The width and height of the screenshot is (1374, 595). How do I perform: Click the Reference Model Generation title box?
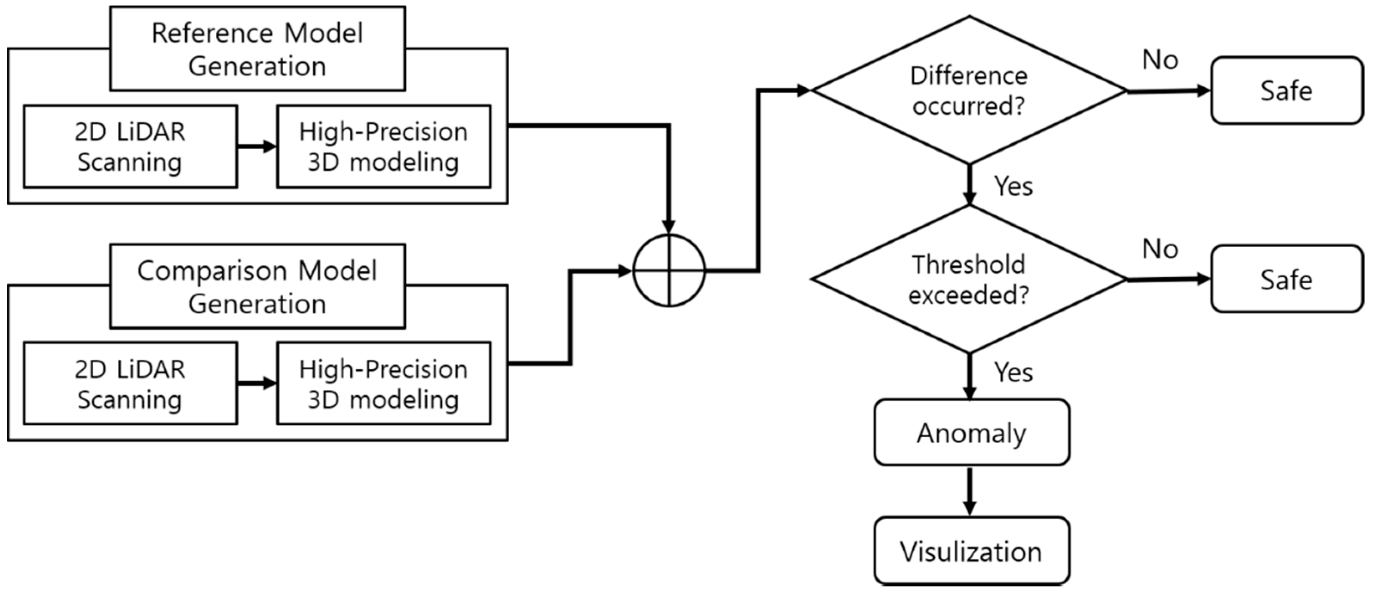257,49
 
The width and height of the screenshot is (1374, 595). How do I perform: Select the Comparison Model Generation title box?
257,287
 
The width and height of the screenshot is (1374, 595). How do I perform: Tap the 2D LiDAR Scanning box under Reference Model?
130,147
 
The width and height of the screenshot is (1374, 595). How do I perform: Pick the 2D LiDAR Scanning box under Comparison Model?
130,383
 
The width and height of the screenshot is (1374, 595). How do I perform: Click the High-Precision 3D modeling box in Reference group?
383,147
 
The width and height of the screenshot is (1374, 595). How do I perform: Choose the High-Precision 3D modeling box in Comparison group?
383,383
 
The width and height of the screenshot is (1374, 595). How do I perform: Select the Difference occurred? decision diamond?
969,91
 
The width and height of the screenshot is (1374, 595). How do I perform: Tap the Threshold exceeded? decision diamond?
969,279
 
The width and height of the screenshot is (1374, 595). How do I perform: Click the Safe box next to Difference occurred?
1286,91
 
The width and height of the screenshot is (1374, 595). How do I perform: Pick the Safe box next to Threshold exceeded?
1286,279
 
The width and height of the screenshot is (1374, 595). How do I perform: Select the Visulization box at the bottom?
971,551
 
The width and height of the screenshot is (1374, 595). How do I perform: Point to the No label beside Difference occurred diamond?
1160,60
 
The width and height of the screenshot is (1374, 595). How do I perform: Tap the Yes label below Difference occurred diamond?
1013,186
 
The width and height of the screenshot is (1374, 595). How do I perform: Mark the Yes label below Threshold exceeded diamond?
1013,372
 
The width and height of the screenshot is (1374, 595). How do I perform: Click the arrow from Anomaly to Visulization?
970,491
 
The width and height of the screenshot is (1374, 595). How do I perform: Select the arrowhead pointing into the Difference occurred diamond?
803,91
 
